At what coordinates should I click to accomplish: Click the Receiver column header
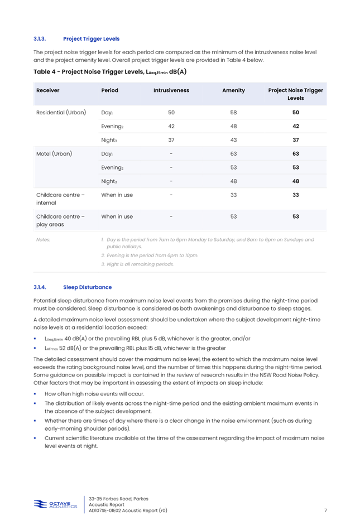click(47, 90)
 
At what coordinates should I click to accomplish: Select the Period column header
click(109, 90)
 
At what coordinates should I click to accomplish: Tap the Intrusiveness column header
click(171, 90)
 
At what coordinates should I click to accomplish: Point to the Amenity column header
click(233, 90)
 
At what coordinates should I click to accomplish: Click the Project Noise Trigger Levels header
click(295, 94)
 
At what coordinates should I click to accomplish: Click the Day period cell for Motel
click(107, 153)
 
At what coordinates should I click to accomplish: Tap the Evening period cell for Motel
click(112, 167)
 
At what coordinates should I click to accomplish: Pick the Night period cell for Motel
click(109, 181)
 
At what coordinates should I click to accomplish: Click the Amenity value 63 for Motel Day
click(233, 153)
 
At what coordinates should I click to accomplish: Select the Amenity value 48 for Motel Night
click(233, 181)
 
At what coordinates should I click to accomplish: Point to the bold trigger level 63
click(295, 153)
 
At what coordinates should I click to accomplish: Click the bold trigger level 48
click(295, 181)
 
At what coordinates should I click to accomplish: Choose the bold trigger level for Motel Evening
click(295, 167)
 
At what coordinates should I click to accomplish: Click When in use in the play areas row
click(117, 216)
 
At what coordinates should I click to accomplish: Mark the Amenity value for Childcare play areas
click(233, 216)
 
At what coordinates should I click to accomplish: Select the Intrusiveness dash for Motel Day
click(171, 153)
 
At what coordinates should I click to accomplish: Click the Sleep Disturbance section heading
click(87, 287)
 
